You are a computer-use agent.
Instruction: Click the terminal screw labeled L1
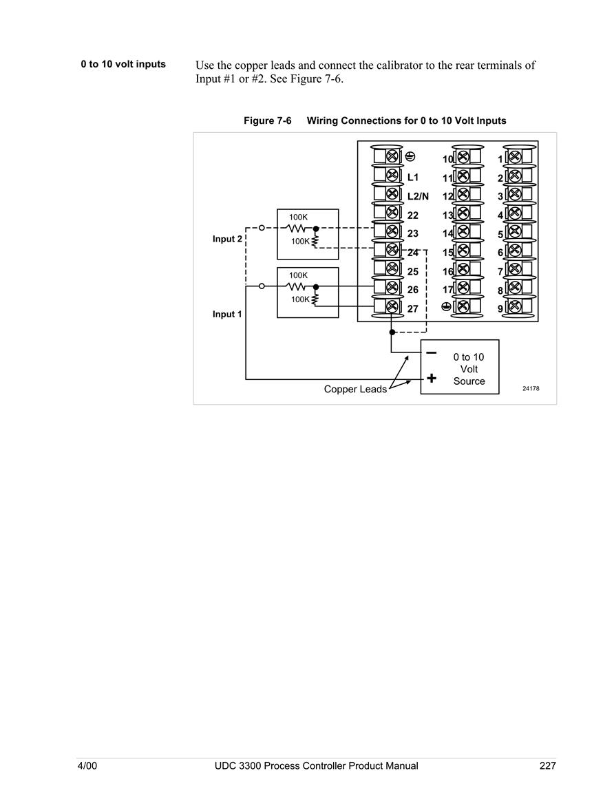(x=392, y=175)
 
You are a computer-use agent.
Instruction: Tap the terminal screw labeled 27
(x=392, y=306)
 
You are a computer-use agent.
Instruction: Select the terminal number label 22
(x=413, y=215)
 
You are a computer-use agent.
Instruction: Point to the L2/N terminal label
(x=418, y=196)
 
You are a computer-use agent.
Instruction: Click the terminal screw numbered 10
(x=463, y=157)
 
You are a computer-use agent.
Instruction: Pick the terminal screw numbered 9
(x=514, y=306)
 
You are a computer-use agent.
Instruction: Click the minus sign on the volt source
(x=431, y=353)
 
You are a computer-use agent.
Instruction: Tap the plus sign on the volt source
(x=432, y=378)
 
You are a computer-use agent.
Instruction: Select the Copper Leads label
(x=355, y=389)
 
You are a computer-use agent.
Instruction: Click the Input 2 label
(x=227, y=239)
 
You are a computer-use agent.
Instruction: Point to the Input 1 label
(x=227, y=315)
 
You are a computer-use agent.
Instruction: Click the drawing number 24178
(x=531, y=388)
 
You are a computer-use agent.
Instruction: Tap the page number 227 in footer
(x=548, y=765)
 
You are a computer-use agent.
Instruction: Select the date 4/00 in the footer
(x=87, y=765)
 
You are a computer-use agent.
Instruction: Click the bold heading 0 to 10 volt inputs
(x=123, y=65)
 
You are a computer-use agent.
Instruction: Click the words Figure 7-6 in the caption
(x=268, y=120)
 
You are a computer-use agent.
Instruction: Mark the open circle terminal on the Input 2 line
(x=262, y=228)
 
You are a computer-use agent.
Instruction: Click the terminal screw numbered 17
(x=463, y=288)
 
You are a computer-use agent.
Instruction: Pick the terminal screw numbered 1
(x=514, y=157)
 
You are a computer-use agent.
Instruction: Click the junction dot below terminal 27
(x=392, y=332)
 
